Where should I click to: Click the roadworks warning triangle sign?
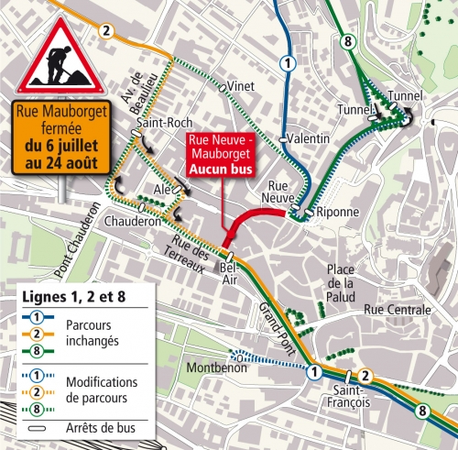[57, 56]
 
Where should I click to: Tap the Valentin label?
[307, 138]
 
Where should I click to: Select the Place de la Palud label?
[341, 282]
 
